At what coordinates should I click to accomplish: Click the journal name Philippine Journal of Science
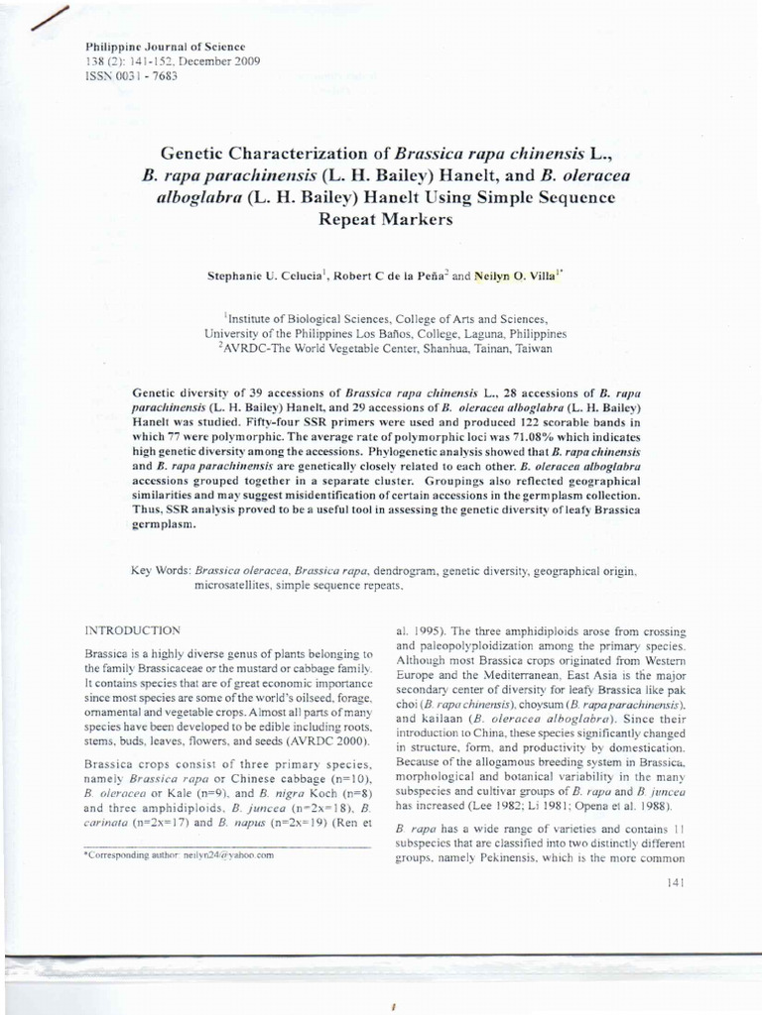[x=152, y=47]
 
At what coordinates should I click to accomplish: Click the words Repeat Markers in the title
[x=384, y=220]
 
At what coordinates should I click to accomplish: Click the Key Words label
[x=161, y=572]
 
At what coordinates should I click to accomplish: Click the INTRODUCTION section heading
[x=132, y=629]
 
